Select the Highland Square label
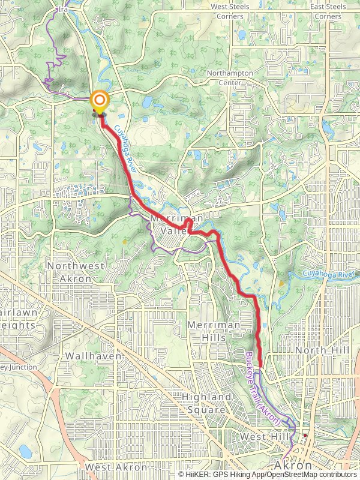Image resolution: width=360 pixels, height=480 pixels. pyautogui.click(x=206, y=403)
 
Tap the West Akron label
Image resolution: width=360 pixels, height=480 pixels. pyautogui.click(x=116, y=467)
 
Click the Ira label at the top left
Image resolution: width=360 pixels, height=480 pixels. pyautogui.click(x=62, y=10)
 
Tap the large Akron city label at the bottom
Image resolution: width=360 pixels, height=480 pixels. pyautogui.click(x=293, y=465)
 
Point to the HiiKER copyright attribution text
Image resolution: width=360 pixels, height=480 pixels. pyautogui.click(x=268, y=475)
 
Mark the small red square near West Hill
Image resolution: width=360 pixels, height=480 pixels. pyautogui.click(x=305, y=435)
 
